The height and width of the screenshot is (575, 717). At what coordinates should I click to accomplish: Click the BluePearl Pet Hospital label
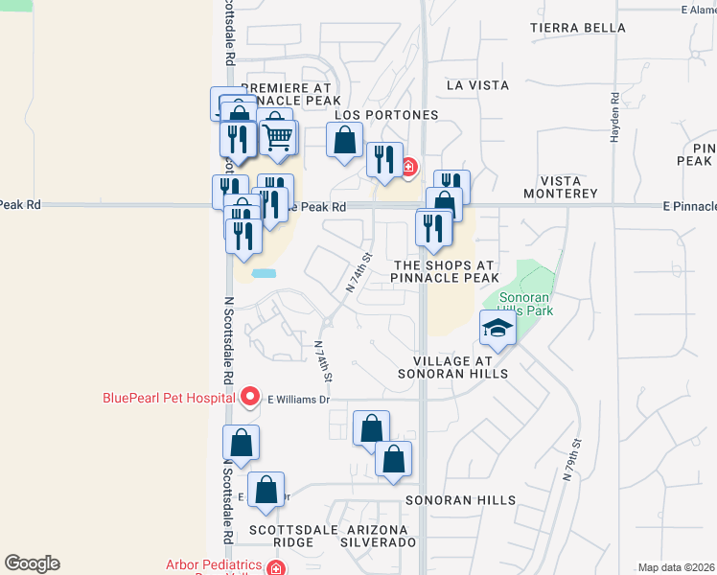pyautogui.click(x=169, y=398)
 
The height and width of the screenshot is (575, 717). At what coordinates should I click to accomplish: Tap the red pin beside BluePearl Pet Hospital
pyautogui.click(x=250, y=396)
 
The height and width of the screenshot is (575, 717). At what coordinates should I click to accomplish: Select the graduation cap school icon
pyautogui.click(x=497, y=329)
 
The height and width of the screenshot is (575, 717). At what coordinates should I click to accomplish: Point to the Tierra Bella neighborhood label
pyautogui.click(x=578, y=28)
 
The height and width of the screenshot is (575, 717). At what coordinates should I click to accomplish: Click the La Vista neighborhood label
pyautogui.click(x=477, y=85)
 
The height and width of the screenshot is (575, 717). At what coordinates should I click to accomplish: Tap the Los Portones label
pyautogui.click(x=386, y=115)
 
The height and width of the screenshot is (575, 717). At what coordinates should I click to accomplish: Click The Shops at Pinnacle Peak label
pyautogui.click(x=445, y=271)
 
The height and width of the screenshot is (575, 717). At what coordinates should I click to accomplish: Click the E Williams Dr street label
pyautogui.click(x=298, y=399)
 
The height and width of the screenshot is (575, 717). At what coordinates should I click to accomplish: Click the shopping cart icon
pyautogui.click(x=278, y=136)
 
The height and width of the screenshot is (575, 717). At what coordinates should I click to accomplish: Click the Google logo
pyautogui.click(x=32, y=563)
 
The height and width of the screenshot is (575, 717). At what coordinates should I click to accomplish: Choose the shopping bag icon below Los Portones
pyautogui.click(x=344, y=141)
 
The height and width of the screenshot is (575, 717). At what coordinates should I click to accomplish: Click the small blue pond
pyautogui.click(x=264, y=274)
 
